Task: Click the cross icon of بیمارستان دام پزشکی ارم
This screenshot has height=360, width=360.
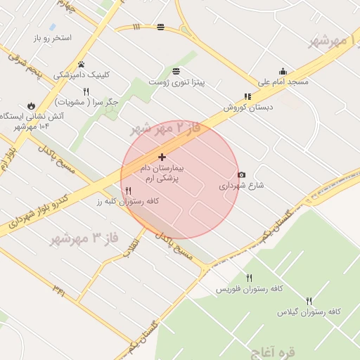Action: [x=162, y=157]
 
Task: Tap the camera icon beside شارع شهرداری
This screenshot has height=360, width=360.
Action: [x=242, y=174]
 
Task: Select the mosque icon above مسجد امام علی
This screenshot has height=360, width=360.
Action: [x=283, y=71]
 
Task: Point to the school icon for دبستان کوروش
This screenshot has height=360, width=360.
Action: [x=247, y=97]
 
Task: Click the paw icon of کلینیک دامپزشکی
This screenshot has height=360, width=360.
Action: [x=82, y=64]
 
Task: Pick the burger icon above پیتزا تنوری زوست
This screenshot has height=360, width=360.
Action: [x=176, y=71]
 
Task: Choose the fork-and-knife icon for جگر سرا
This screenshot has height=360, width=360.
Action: [x=86, y=91]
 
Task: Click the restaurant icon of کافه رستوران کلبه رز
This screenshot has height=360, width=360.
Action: [x=128, y=191]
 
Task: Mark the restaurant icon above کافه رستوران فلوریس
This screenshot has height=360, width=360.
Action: [x=249, y=278]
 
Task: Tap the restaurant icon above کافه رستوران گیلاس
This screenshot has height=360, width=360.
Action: [x=309, y=300]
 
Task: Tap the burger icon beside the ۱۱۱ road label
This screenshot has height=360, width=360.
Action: [x=161, y=27]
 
